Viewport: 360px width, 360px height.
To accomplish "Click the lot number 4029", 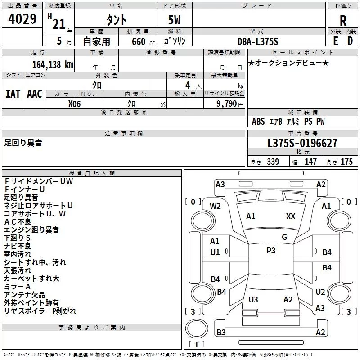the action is [22, 19].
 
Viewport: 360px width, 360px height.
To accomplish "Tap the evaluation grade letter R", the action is [343, 21].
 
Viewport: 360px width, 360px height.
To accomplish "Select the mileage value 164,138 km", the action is [53, 65].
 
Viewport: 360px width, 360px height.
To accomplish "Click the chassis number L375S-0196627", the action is [302, 143].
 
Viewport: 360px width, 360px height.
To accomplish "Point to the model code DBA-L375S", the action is [258, 41].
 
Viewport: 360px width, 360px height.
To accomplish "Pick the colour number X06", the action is [74, 104].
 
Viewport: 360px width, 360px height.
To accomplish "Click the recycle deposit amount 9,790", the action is [226, 104].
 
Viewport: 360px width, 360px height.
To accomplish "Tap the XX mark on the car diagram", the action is [291, 216].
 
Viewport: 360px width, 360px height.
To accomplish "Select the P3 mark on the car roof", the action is [271, 251].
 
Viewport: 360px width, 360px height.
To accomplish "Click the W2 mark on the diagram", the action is [215, 206].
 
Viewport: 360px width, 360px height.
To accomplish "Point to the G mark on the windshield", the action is [284, 237].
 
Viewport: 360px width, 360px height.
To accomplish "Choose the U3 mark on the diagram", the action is [253, 299].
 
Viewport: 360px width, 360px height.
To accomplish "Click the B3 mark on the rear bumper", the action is [221, 332].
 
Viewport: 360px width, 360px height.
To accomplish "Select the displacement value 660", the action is [139, 41].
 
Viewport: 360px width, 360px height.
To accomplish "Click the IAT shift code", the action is [13, 94].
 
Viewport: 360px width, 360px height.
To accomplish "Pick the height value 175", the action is [346, 162].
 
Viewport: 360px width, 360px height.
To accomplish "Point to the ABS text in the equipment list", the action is [258, 121].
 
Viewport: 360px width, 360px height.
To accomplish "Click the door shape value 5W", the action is [174, 20].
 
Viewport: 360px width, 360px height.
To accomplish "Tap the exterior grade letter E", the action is [336, 41].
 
